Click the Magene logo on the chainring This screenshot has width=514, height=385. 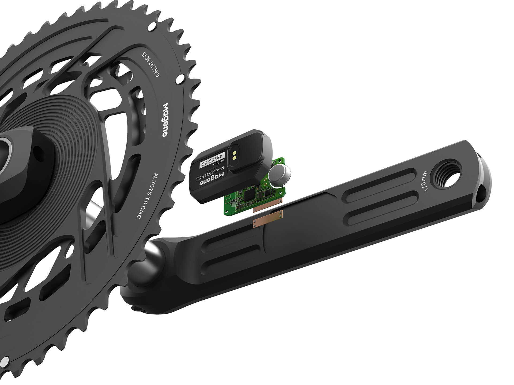(x=166, y=120)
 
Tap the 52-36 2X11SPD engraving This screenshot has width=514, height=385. (x=150, y=65)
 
